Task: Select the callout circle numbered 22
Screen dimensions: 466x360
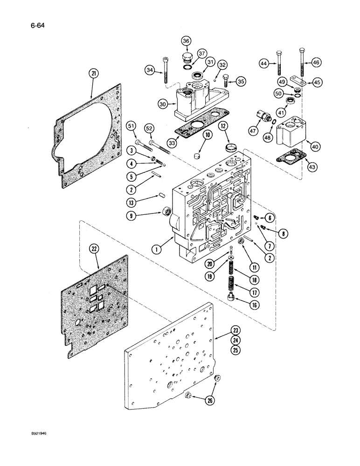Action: (95, 250)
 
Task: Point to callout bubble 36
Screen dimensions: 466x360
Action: (187, 42)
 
